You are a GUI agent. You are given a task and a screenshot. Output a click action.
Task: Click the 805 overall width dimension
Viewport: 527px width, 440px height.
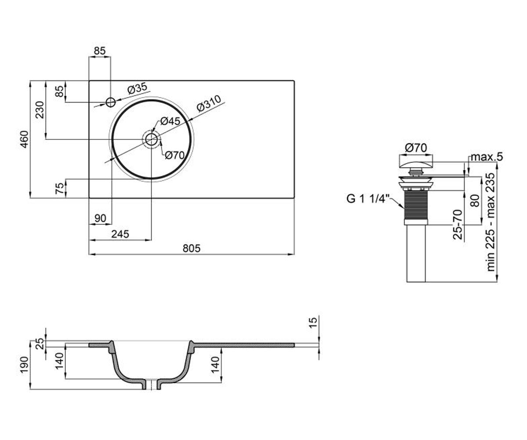[x=191, y=248]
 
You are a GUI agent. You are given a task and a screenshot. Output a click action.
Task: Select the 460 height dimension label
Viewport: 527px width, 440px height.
[x=25, y=139]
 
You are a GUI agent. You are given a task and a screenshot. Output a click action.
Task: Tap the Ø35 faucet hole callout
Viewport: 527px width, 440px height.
[x=137, y=88]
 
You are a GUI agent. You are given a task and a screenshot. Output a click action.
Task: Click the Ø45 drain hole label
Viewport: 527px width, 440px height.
[x=170, y=121]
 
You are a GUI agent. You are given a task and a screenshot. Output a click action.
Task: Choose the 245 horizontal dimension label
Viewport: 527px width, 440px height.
[x=120, y=234]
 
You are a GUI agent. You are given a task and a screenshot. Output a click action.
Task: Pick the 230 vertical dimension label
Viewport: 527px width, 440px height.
[x=40, y=110]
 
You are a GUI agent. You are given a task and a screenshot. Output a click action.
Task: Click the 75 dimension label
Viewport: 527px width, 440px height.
[x=60, y=188]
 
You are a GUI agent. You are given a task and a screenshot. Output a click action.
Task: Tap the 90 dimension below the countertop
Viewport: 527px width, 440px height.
[x=100, y=218]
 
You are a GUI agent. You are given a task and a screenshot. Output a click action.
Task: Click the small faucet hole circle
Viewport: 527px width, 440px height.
[x=111, y=103]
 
